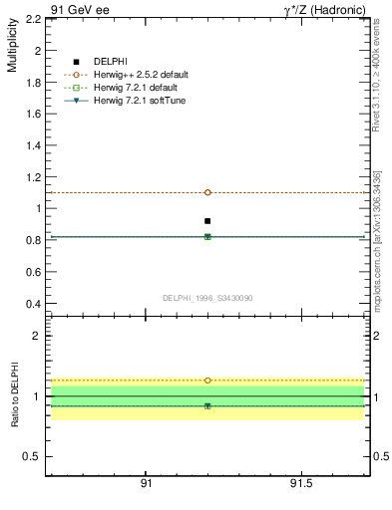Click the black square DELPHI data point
[207, 221]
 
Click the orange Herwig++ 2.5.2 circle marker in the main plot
[207, 192]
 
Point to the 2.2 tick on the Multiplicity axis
[32, 19]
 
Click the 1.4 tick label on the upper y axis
[32, 145]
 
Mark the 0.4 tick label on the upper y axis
[32, 304]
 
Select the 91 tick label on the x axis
[146, 483]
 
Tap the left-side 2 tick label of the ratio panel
[36, 336]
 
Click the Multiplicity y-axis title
[13, 50]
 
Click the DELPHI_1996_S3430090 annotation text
[206, 298]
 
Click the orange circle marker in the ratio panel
[207, 381]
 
